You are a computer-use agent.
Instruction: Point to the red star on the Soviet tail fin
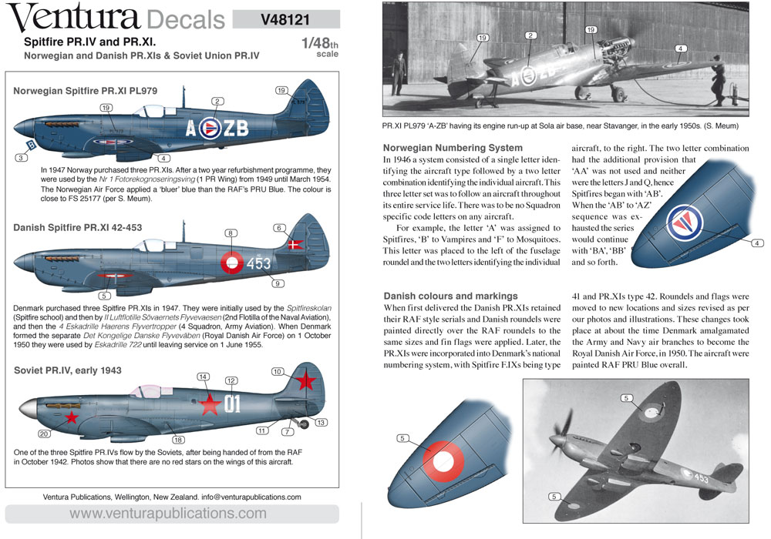tap(307, 380)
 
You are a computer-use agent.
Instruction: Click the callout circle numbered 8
tap(231, 233)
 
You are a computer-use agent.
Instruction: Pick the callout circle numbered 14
tap(204, 377)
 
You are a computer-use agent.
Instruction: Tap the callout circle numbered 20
tap(44, 434)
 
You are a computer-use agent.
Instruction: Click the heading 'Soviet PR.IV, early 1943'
tap(68, 370)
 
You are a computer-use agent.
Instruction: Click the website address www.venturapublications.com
tap(168, 514)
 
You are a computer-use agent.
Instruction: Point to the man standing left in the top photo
tap(398, 79)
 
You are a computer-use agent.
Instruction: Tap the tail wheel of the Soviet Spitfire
tap(303, 423)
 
